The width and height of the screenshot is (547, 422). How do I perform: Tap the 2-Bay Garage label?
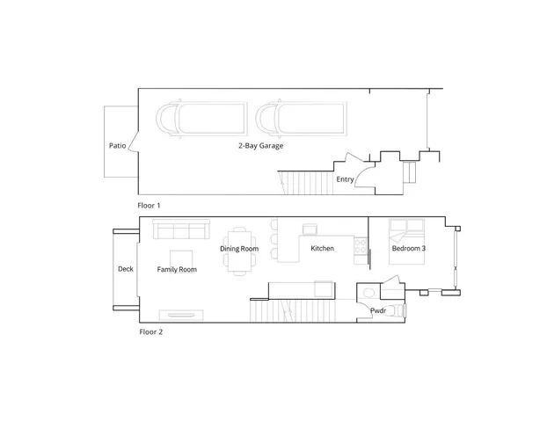click(x=260, y=145)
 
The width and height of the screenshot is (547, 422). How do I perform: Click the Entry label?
click(x=346, y=179)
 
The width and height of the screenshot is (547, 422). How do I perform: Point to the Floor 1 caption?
click(x=150, y=205)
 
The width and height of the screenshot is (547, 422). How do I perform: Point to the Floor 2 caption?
click(x=150, y=332)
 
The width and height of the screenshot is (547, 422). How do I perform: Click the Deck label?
click(x=126, y=269)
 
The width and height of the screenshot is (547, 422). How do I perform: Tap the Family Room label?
click(x=177, y=269)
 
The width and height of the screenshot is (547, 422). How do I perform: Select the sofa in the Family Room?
click(x=180, y=229)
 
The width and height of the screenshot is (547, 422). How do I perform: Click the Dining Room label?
click(x=239, y=249)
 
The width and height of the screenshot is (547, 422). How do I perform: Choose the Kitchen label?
click(x=322, y=249)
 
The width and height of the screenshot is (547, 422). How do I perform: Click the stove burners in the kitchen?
click(x=360, y=248)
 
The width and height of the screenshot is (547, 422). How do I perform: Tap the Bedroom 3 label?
click(x=409, y=249)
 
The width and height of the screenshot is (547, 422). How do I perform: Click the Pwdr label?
click(x=378, y=310)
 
